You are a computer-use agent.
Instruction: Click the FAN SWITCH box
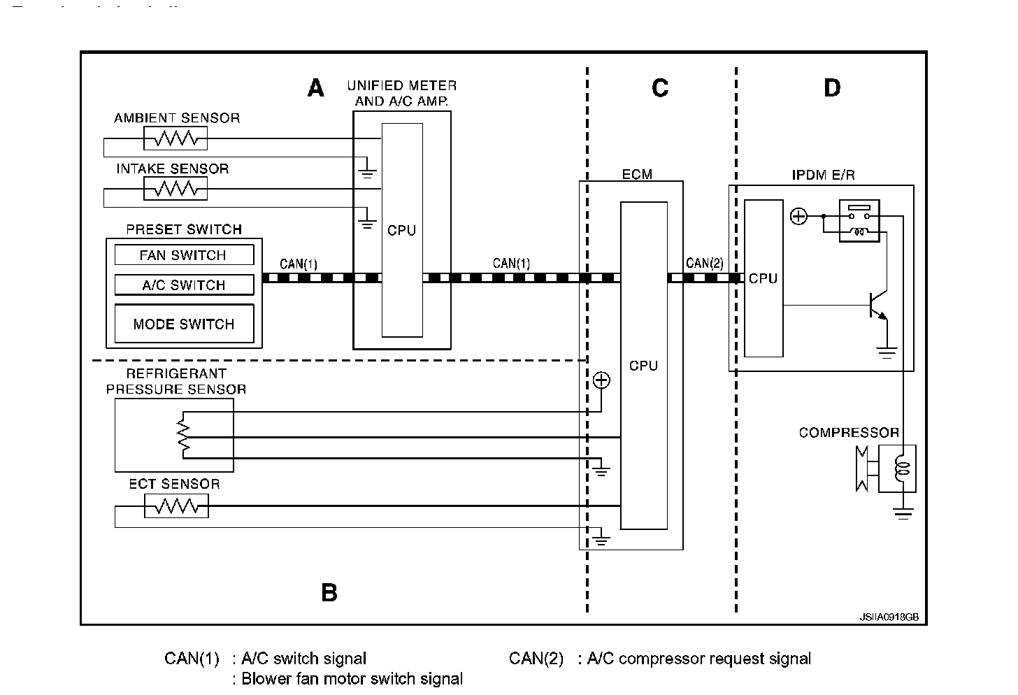183,255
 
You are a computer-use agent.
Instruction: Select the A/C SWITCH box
183,285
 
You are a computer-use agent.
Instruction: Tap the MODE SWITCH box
183,324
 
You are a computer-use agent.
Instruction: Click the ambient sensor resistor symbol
175,138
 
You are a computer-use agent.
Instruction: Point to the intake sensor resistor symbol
175,189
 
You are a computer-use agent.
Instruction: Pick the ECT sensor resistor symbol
176,506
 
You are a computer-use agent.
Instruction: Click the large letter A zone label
316,89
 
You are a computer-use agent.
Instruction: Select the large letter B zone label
329,593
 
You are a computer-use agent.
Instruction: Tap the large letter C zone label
660,89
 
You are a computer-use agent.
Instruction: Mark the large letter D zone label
832,89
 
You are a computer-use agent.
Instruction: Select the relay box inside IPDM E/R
859,220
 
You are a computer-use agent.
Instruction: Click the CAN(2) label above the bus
705,264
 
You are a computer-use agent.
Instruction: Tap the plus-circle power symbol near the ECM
601,380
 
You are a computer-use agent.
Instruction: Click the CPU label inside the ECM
643,366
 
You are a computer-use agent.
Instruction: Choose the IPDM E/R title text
823,175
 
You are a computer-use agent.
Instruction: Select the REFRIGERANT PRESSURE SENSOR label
176,382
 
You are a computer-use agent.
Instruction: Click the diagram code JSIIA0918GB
889,617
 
